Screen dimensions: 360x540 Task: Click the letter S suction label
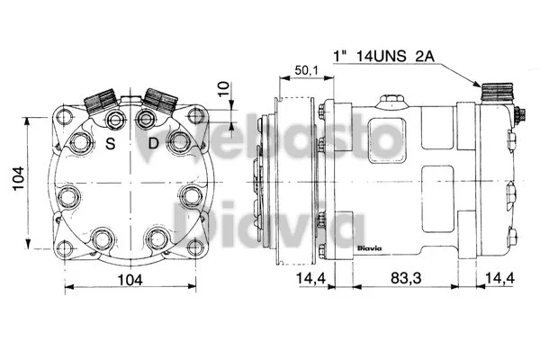click(111, 143)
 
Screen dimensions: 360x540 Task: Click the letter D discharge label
click(153, 143)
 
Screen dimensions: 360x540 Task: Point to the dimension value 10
click(223, 90)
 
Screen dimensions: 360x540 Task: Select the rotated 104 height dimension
click(17, 183)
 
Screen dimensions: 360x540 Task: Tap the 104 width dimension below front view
click(130, 281)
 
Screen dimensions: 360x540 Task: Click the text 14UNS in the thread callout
click(386, 57)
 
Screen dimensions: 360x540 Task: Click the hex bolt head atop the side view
click(391, 100)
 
